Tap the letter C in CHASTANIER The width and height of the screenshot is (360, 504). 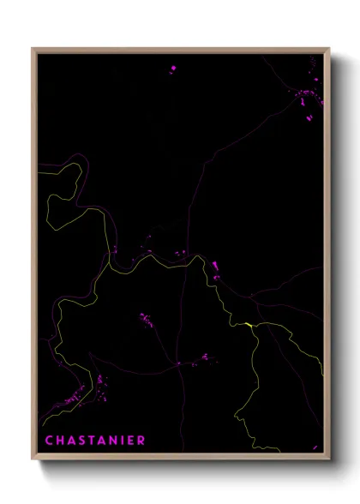tap(48, 441)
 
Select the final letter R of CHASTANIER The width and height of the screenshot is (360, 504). tap(141, 441)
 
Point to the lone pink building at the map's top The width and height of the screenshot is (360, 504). tap(173, 67)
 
